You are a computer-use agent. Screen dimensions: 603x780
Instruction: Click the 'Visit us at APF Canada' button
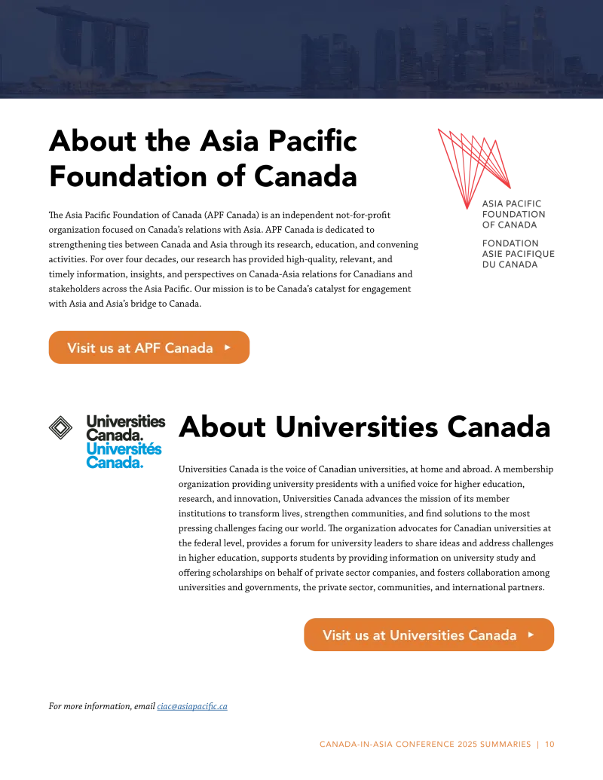tap(148, 347)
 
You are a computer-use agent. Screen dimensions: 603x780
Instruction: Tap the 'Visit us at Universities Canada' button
tap(429, 635)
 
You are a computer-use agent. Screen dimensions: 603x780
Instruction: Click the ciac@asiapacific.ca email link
tap(192, 706)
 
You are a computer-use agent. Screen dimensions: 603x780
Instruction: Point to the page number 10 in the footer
tap(549, 744)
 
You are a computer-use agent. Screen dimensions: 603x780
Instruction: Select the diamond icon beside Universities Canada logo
tap(61, 427)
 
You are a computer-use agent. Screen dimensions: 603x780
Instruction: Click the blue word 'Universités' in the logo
tap(124, 448)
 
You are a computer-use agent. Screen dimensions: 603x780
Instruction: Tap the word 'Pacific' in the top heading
tap(313, 141)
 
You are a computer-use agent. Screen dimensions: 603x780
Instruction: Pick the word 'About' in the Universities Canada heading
tap(222, 427)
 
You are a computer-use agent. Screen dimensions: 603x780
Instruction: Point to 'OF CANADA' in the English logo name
tap(510, 225)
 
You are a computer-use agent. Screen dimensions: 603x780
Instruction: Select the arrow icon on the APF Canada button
tap(228, 347)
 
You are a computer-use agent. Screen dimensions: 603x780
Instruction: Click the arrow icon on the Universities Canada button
tap(531, 635)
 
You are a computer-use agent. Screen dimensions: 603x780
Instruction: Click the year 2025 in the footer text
tap(467, 744)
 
